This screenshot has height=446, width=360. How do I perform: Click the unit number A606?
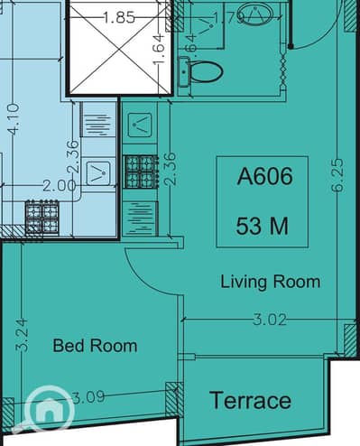click(x=264, y=177)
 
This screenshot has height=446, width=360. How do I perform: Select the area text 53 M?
click(x=263, y=226)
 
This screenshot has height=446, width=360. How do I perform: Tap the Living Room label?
click(x=270, y=283)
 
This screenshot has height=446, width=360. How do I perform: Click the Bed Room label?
click(x=95, y=345)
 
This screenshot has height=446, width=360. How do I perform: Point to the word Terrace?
click(x=250, y=400)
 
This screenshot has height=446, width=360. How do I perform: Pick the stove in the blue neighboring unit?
click(x=42, y=217)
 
